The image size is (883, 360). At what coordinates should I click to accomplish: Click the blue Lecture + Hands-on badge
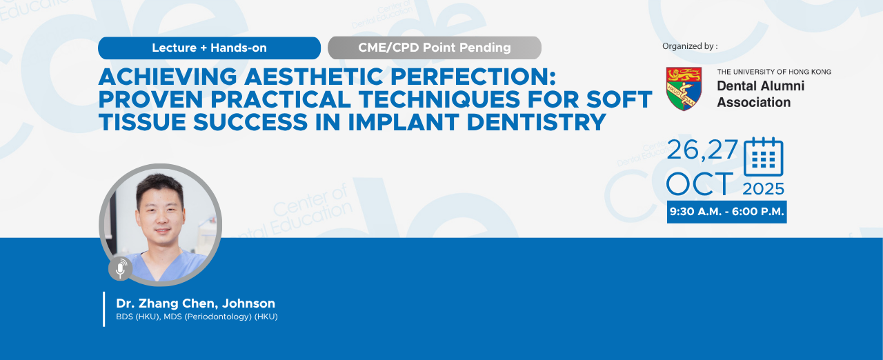click(209, 48)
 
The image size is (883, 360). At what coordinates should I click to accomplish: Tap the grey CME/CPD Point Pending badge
click(435, 48)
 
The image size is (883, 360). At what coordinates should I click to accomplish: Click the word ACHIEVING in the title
click(168, 77)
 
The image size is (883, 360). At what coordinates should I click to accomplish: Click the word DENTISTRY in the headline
click(536, 122)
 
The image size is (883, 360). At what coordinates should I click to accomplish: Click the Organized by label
click(690, 46)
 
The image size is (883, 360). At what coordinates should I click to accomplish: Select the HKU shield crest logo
click(684, 89)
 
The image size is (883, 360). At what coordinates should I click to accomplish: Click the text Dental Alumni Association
click(760, 94)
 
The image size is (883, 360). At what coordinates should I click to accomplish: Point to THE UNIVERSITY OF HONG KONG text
click(774, 72)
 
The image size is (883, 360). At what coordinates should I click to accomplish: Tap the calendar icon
click(764, 157)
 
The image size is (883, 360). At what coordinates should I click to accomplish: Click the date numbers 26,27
click(702, 150)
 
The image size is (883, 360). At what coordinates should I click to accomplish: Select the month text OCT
click(700, 184)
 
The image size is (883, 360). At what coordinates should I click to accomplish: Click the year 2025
click(764, 189)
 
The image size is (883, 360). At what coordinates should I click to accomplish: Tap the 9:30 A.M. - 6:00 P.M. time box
click(727, 212)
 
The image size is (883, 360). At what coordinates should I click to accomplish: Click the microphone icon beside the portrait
click(120, 269)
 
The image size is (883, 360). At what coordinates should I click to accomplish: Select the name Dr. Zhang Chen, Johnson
click(195, 303)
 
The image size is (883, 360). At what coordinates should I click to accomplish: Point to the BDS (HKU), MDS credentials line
click(197, 317)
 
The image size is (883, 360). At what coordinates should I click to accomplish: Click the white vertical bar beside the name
click(104, 309)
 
